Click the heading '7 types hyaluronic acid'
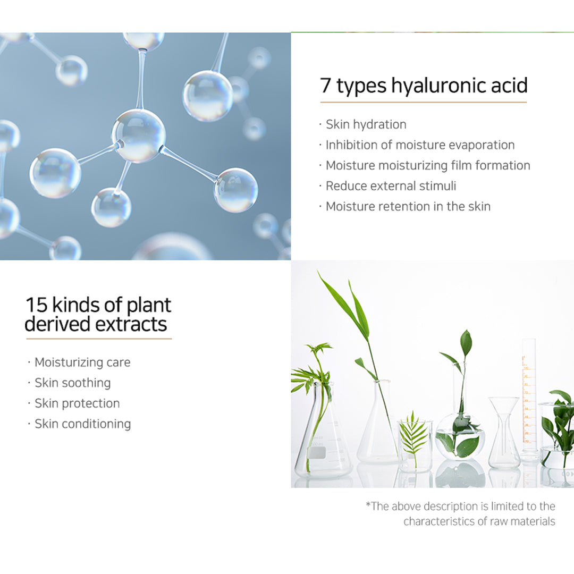pyautogui.click(x=424, y=85)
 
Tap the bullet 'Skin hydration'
pyautogui.click(x=366, y=124)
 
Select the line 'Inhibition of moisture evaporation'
pyautogui.click(x=420, y=145)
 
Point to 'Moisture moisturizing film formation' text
pyautogui.click(x=428, y=165)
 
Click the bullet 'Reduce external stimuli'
pyautogui.click(x=391, y=186)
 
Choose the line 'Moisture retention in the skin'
pyautogui.click(x=408, y=206)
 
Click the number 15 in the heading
pyautogui.click(x=37, y=305)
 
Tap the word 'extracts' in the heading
pyautogui.click(x=131, y=325)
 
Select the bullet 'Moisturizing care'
pyautogui.click(x=82, y=362)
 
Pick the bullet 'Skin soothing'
pyautogui.click(x=72, y=383)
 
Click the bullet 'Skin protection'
pyautogui.click(x=77, y=403)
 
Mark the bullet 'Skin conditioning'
pyautogui.click(x=83, y=424)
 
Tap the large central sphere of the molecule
pyautogui.click(x=138, y=136)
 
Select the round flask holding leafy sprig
pyautogui.click(x=460, y=436)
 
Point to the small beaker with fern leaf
pyautogui.click(x=415, y=445)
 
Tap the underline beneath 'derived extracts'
pyautogui.click(x=99, y=339)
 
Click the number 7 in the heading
pyautogui.click(x=325, y=85)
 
